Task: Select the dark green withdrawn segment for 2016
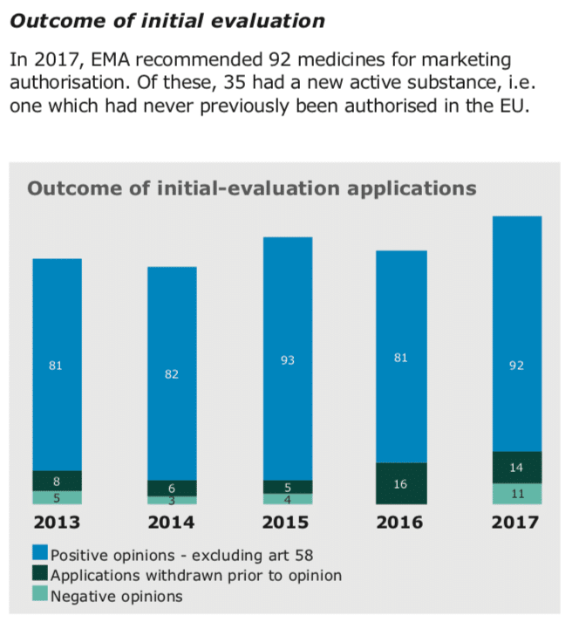(401, 493)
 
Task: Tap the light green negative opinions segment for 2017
(516, 494)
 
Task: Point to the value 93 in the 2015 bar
(288, 359)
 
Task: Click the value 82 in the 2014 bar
(172, 374)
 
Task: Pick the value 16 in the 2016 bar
(401, 483)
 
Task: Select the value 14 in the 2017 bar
(516, 468)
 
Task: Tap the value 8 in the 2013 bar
(57, 481)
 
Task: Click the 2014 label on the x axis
(172, 523)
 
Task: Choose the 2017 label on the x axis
(516, 523)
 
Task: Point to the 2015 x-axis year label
(288, 523)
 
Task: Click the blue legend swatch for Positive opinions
(39, 555)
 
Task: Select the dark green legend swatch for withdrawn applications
(39, 576)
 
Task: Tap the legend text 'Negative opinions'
(117, 597)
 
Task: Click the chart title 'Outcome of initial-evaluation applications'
(252, 188)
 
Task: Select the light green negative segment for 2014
(172, 500)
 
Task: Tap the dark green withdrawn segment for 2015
(288, 487)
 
